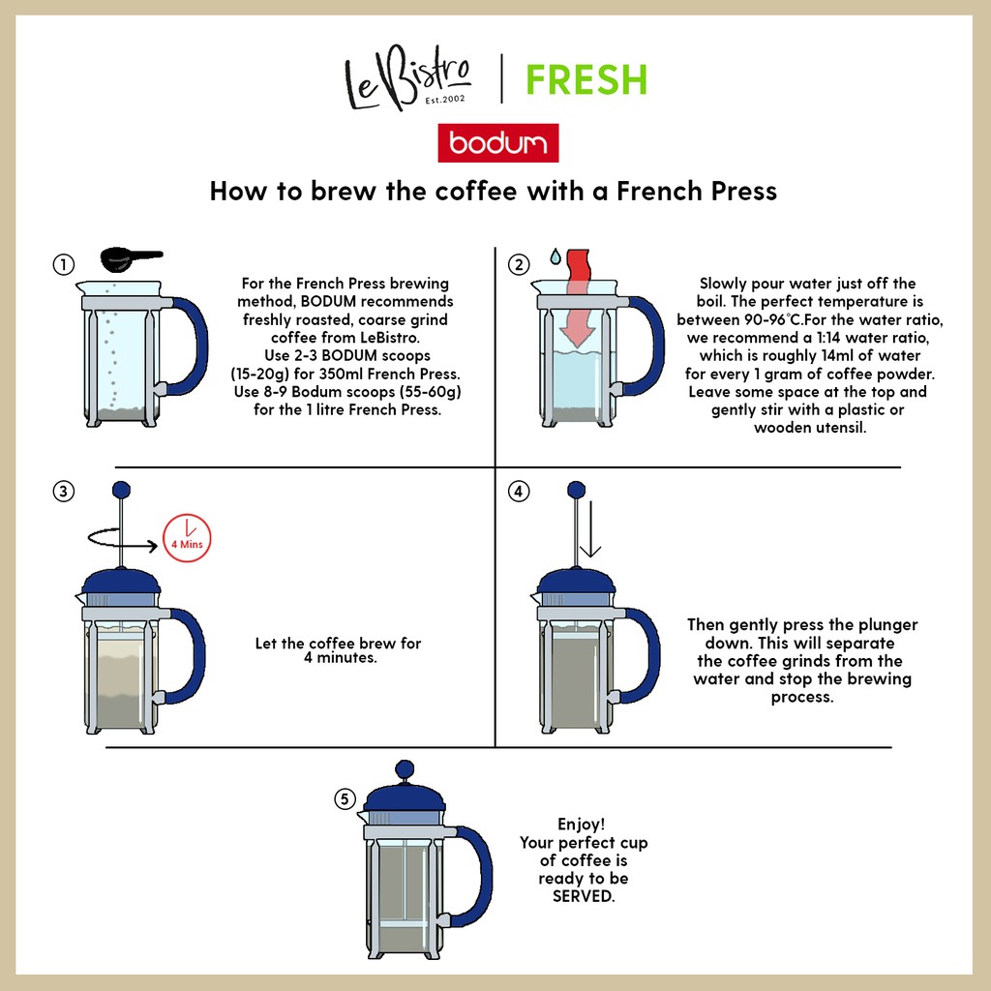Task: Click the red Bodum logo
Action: coord(498,143)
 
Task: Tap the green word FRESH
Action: coord(586,79)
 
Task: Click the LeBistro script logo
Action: coord(407,78)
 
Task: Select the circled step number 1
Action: coord(63,264)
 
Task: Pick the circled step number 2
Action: coord(519,264)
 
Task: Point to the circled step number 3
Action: coord(63,491)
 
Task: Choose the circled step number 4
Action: coord(519,491)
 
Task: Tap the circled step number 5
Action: coord(345,798)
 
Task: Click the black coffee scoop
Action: coord(130,258)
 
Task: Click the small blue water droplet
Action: coord(555,255)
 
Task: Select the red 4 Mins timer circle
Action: coord(187,538)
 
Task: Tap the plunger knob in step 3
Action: coord(121,490)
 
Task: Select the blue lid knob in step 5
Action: coord(405,769)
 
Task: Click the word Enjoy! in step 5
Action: coord(582,825)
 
